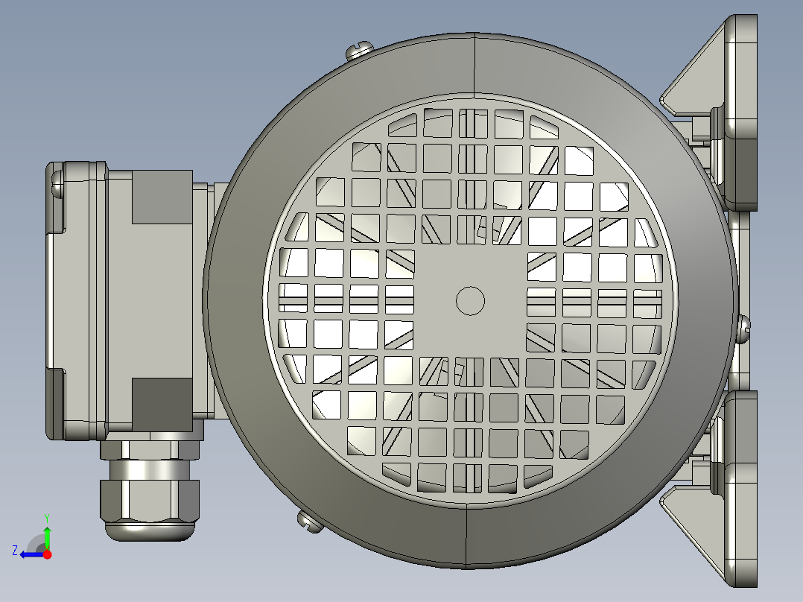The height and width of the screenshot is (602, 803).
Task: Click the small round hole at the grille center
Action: coord(470,300)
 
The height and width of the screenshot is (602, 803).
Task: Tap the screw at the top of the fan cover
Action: coord(358,50)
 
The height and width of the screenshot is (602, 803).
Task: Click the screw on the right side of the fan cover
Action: coord(743,328)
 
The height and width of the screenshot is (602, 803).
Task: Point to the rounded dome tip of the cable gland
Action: coord(152,530)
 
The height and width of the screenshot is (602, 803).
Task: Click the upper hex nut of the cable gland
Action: coord(151,449)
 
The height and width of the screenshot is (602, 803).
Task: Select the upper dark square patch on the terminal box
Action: coord(162,197)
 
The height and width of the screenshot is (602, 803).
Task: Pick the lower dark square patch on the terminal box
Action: coord(162,403)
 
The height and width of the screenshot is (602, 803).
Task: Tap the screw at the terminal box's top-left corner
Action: coord(57,182)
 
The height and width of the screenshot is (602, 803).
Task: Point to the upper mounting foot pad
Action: coord(742,112)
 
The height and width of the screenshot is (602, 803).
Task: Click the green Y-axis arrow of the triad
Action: coord(47,534)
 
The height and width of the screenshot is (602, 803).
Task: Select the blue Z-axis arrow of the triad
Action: coord(30,554)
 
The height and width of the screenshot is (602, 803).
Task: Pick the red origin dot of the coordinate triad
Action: coord(48,554)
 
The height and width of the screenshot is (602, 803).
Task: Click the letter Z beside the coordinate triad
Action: coord(15,550)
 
